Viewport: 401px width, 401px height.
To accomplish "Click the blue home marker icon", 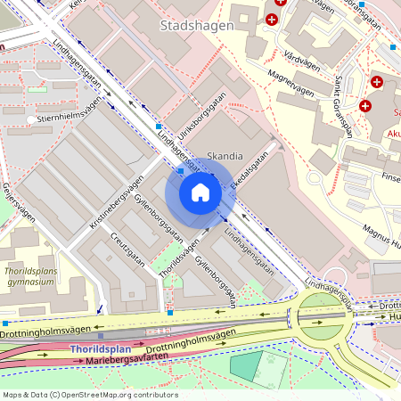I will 200,192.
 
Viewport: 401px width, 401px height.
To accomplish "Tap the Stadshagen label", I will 188,26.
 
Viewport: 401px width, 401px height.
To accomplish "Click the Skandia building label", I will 225,156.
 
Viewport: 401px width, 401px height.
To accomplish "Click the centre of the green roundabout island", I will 321,313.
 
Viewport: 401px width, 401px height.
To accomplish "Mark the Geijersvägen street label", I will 20,202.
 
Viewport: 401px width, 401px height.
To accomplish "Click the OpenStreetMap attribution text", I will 90,394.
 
